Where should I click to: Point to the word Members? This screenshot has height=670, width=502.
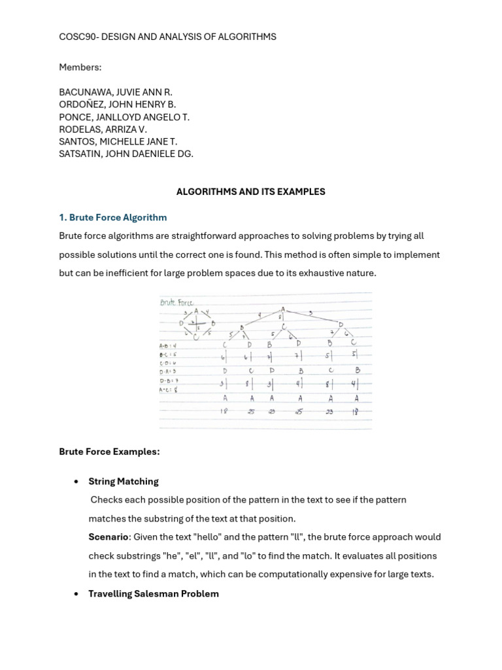[x=80, y=67]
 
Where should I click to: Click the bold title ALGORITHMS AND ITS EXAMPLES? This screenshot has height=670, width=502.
[x=251, y=192]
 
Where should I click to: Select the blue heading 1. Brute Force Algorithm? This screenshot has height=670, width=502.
[x=113, y=217]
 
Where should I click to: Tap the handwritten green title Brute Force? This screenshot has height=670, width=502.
[x=177, y=303]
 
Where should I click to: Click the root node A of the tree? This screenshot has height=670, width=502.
[x=283, y=309]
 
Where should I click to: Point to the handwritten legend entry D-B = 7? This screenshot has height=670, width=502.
[x=168, y=381]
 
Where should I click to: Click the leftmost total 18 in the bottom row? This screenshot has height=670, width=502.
[x=224, y=412]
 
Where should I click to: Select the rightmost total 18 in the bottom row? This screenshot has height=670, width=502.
[x=356, y=412]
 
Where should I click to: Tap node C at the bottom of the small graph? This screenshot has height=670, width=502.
[x=195, y=337]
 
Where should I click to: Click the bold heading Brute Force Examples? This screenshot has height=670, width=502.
[x=109, y=451]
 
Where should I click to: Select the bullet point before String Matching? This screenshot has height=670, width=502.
[x=76, y=482]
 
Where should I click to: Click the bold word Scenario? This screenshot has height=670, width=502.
[x=108, y=537]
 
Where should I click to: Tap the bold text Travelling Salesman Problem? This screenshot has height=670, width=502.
[x=154, y=593]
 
